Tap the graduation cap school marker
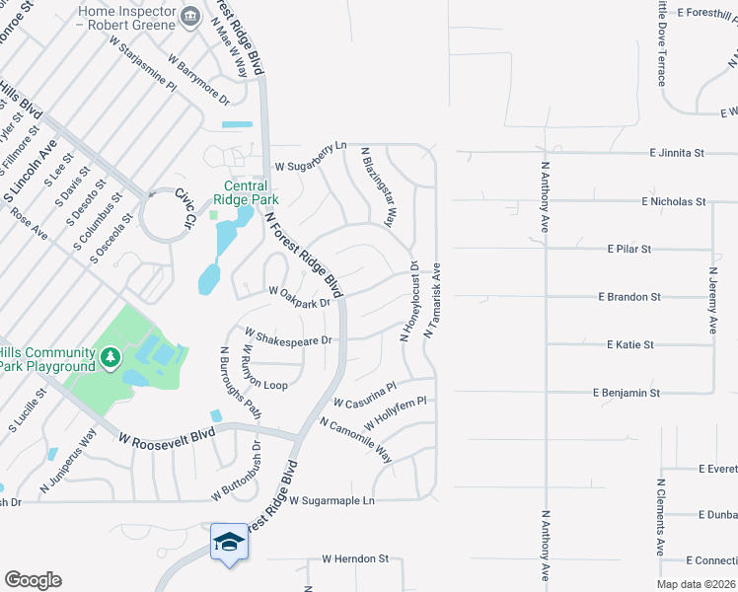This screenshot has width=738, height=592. tap(229, 543)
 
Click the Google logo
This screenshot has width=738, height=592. tap(33, 580)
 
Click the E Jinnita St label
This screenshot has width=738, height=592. tap(676, 153)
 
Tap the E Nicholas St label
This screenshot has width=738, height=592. tap(673, 201)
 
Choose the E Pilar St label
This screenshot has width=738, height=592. tap(629, 249)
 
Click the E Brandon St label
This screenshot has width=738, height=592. tap(628, 296)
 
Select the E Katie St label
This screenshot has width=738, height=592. tap(630, 344)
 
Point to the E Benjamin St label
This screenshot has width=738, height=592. tap(627, 393)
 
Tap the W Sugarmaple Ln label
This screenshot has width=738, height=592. tap(332, 501)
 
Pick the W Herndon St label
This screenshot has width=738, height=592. tap(356, 558)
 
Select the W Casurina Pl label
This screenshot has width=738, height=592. tap(364, 396)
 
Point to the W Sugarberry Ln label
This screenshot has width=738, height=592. tap(311, 153)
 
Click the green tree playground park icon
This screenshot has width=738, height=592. tap(111, 353)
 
